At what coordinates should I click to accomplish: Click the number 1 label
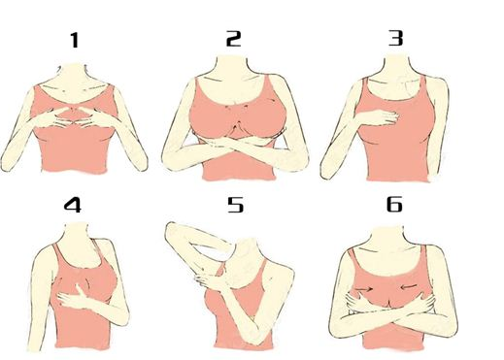[75, 40]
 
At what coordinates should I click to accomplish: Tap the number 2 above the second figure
[233, 39]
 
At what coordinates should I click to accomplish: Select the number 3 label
[395, 38]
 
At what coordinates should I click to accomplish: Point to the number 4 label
[73, 205]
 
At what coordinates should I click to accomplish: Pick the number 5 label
[235, 205]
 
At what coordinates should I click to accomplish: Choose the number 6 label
[394, 204]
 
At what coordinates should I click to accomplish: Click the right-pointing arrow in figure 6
[365, 287]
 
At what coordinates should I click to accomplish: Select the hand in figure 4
[74, 297]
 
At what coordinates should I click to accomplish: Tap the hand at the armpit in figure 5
[207, 279]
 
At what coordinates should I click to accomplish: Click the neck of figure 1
[75, 75]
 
